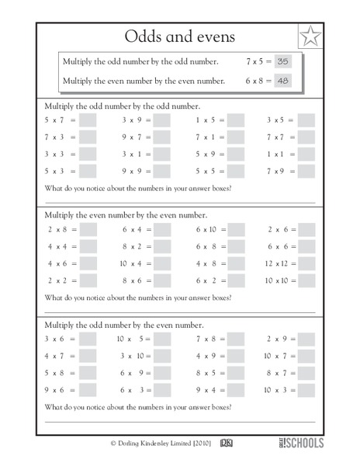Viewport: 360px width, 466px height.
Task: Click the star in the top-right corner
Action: [x=310, y=37]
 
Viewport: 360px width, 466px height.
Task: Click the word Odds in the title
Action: [x=144, y=37]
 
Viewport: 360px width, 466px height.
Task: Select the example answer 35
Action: [x=282, y=61]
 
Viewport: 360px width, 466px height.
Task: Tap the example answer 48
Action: [x=282, y=80]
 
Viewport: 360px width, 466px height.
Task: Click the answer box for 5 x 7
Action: [x=88, y=120]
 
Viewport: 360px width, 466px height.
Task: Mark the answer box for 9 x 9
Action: [x=162, y=171]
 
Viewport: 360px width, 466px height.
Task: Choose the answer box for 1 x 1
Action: [x=306, y=154]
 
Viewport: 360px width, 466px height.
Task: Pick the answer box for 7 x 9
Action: [x=306, y=171]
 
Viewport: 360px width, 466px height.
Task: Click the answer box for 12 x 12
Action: [x=306, y=263]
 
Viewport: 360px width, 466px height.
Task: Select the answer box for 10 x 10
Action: [x=306, y=280]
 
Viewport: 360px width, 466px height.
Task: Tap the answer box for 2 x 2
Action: [x=88, y=280]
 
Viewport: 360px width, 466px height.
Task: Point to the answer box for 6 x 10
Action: [x=236, y=229]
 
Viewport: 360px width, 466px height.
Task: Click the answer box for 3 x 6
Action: [x=88, y=339]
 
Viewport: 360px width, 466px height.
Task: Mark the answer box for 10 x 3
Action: [x=306, y=390]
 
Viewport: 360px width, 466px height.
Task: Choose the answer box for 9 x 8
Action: [x=236, y=390]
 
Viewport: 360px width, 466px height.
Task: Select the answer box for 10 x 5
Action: [x=162, y=339]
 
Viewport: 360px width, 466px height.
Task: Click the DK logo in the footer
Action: [x=227, y=443]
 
